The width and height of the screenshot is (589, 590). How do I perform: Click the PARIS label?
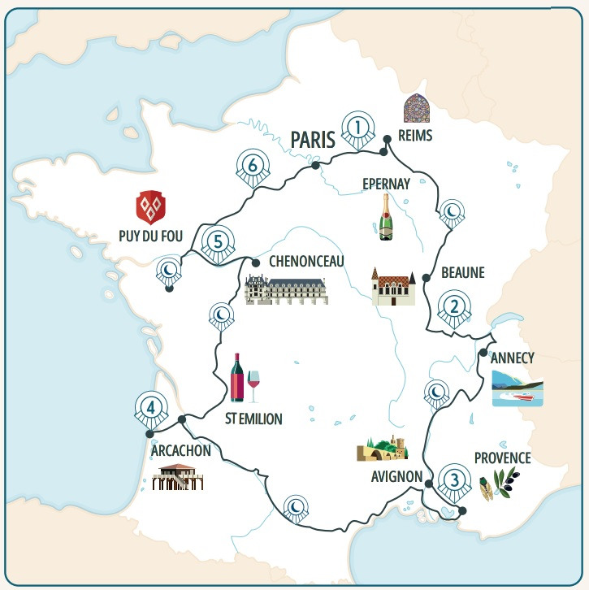[x=313, y=140]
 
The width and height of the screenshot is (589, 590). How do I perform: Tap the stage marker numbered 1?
[x=357, y=128]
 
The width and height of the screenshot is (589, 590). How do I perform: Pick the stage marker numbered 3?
[x=453, y=479]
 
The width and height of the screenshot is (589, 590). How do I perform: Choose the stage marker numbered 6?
[x=253, y=166]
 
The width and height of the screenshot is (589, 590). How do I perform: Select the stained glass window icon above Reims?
[x=416, y=108]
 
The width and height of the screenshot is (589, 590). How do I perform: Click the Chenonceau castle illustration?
[x=286, y=289]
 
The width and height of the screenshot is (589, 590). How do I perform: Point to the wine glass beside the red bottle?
[x=253, y=386]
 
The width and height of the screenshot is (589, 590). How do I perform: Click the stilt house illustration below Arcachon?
[x=177, y=477]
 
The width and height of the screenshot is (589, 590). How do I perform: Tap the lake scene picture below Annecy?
[x=517, y=388]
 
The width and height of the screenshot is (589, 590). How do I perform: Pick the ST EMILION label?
[x=253, y=419]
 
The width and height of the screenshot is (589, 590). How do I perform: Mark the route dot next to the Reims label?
[x=388, y=137]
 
